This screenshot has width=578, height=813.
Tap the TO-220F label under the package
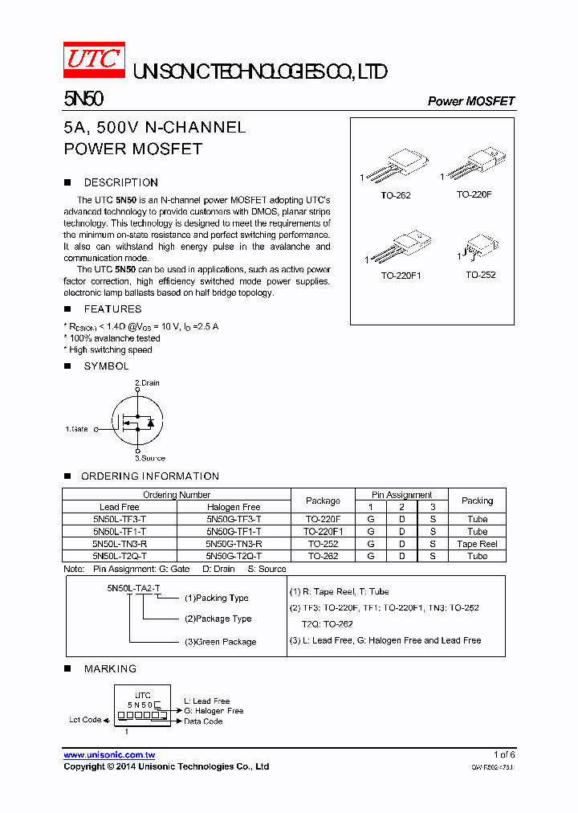(474, 194)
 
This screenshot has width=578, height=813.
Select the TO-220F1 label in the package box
(401, 275)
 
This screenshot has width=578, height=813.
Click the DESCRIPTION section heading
(121, 182)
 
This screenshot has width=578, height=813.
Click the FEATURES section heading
(112, 308)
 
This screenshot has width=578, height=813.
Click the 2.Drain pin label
(147, 383)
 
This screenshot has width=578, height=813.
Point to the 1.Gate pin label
(76, 429)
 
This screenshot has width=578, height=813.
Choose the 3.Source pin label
(150, 458)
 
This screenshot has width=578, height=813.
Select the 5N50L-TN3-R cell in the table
(120, 544)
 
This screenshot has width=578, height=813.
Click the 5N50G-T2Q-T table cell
(233, 556)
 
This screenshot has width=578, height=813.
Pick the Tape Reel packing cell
(478, 544)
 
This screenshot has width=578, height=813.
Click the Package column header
(323, 500)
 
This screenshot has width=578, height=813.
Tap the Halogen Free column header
(233, 507)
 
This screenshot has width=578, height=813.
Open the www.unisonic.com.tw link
(109, 755)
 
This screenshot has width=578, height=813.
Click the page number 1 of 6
(504, 754)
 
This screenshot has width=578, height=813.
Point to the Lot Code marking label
(85, 720)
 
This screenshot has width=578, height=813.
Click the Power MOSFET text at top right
(470, 101)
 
